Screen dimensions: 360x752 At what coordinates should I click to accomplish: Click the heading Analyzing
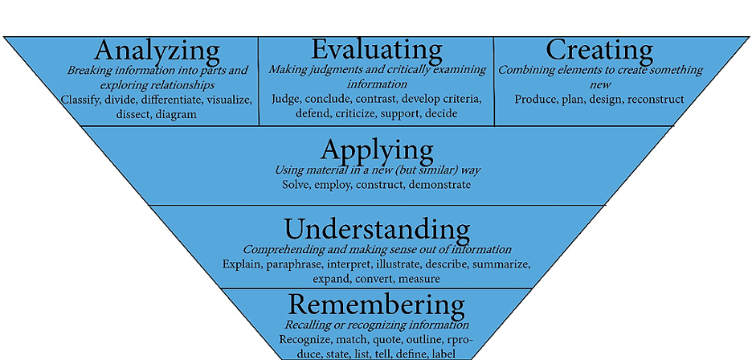point(157,51)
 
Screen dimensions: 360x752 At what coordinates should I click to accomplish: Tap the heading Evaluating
point(377,50)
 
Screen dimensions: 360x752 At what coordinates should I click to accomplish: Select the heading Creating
point(599,50)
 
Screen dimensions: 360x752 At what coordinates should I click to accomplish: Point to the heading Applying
point(377,151)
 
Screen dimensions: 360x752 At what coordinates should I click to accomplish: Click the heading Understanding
point(377,230)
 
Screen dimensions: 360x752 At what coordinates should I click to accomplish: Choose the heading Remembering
point(377,305)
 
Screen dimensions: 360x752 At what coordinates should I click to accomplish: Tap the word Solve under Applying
point(296,185)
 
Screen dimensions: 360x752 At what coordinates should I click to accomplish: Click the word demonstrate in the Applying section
point(439,185)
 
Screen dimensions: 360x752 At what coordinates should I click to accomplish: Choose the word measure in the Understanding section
point(419,278)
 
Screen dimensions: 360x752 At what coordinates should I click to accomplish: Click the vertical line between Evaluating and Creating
point(493,80)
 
